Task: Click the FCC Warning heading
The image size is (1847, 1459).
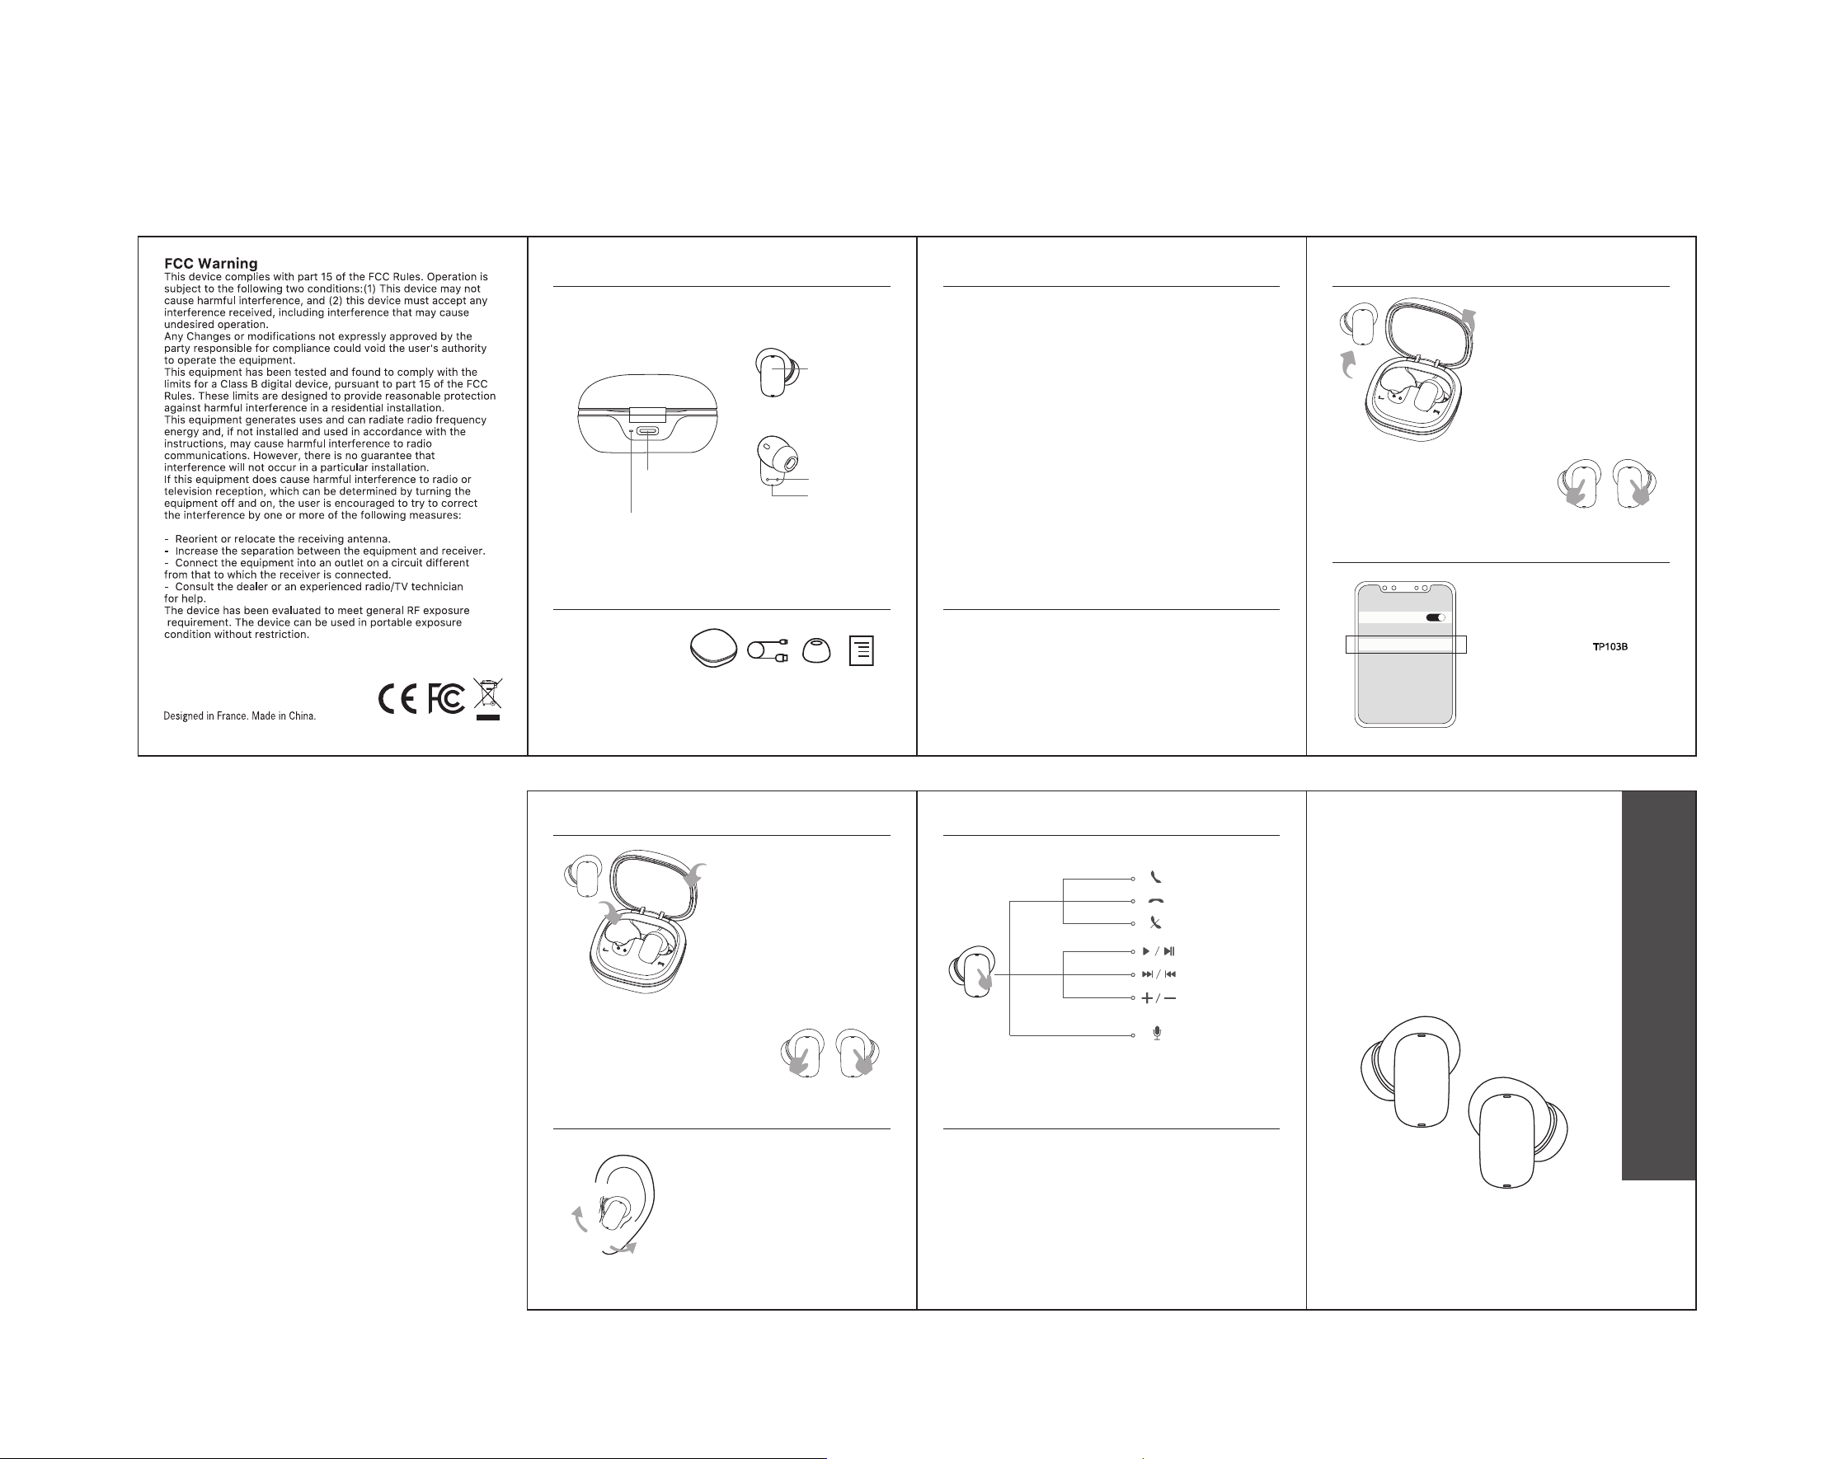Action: (x=210, y=263)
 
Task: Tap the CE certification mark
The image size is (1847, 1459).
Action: (x=398, y=700)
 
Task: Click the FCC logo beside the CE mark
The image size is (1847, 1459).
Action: (x=446, y=699)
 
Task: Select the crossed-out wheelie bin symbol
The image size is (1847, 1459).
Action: (x=488, y=700)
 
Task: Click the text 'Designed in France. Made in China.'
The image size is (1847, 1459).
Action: (x=239, y=715)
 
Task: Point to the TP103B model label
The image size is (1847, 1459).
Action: (x=1610, y=646)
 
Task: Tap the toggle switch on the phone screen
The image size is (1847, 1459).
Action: (x=1436, y=617)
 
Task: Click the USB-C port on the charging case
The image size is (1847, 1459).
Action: (x=648, y=430)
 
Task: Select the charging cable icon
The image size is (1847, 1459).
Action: (x=768, y=651)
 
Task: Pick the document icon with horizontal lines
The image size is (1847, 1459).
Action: (x=861, y=651)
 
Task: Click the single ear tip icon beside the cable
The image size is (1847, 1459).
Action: (x=816, y=651)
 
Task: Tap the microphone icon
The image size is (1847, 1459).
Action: (x=1157, y=1034)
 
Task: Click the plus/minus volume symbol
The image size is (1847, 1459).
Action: (x=1158, y=997)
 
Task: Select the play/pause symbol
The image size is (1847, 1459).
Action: (x=1158, y=950)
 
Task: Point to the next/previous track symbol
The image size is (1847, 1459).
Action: (x=1158, y=973)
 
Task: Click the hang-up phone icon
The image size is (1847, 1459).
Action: (x=1156, y=901)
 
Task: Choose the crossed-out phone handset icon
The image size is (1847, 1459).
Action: (x=1156, y=922)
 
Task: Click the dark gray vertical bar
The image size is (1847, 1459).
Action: (x=1658, y=986)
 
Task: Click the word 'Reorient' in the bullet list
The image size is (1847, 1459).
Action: (x=196, y=539)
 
